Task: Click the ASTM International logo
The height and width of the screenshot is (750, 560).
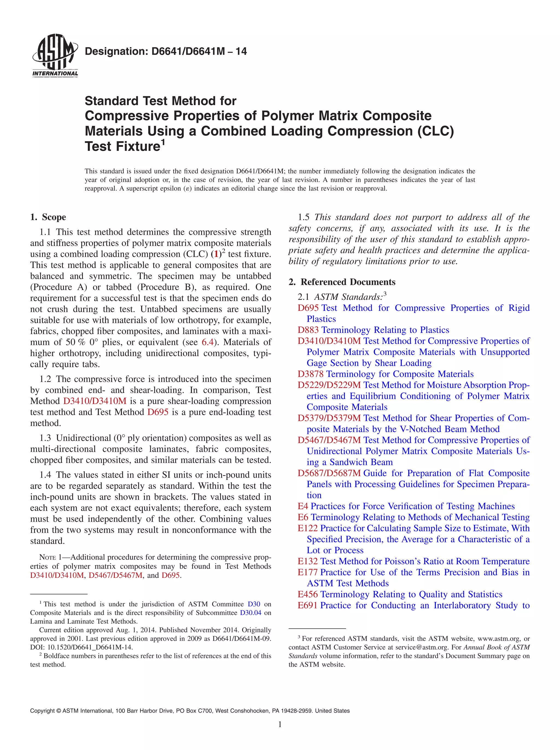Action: pyautogui.click(x=55, y=56)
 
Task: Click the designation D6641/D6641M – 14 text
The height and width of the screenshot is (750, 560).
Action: pyautogui.click(x=166, y=51)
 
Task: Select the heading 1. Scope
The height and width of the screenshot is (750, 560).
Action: pyautogui.click(x=48, y=217)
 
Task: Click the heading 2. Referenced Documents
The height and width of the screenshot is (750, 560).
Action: pyautogui.click(x=342, y=282)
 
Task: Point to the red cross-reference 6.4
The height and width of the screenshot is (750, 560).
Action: pyautogui.click(x=208, y=342)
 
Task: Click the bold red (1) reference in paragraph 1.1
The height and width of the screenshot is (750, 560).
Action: pyautogui.click(x=216, y=254)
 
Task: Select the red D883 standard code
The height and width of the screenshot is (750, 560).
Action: pyautogui.click(x=308, y=330)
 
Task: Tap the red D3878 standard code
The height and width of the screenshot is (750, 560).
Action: pyautogui.click(x=310, y=374)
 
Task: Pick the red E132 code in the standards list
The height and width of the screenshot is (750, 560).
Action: pyautogui.click(x=307, y=561)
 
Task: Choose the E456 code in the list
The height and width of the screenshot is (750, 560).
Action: pyautogui.click(x=307, y=594)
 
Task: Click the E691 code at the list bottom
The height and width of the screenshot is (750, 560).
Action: pyautogui.click(x=307, y=605)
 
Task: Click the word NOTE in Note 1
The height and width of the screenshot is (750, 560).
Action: pyautogui.click(x=47, y=557)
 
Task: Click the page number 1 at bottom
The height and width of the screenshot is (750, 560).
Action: pyautogui.click(x=280, y=724)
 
